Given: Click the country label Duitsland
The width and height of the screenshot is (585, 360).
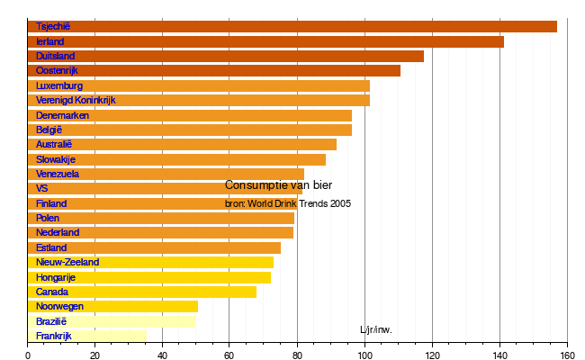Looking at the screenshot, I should click(55, 56).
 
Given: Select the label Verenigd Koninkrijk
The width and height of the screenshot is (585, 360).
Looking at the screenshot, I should click(76, 100).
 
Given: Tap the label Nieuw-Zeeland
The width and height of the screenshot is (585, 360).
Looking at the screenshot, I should click(67, 262).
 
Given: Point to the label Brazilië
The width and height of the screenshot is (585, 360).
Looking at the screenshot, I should click(51, 321).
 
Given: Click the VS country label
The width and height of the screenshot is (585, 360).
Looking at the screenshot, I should click(42, 188).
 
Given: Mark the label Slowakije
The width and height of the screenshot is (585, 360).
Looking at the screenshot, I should click(56, 159).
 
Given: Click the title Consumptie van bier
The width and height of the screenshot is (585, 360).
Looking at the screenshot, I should click(278, 185).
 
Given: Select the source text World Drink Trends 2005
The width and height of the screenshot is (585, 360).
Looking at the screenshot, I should click(288, 203).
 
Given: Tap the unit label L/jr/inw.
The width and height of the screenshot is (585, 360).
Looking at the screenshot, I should click(375, 329).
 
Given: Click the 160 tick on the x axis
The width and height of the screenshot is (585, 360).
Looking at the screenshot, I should click(566, 355).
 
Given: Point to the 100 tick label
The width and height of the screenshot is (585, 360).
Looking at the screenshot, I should click(364, 355).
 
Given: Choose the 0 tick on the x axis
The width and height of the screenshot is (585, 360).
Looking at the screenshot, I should click(28, 355).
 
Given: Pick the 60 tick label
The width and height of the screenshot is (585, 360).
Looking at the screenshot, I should click(229, 355).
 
